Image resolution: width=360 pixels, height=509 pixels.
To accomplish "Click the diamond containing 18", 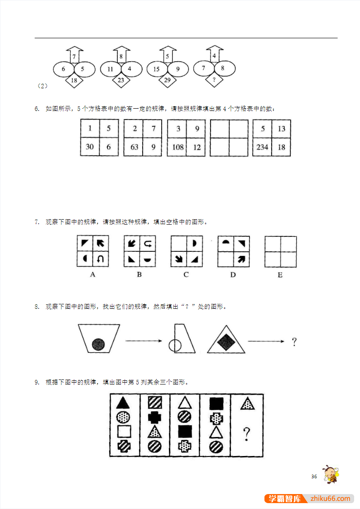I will [74, 81].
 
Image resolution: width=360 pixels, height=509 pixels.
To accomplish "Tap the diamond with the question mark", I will [214, 80].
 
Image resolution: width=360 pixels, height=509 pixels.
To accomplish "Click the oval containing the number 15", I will [157, 69].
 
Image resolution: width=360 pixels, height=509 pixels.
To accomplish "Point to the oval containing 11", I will [110, 69].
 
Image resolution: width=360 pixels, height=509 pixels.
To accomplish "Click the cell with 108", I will [177, 147].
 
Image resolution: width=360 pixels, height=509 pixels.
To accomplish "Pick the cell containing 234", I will [262, 147].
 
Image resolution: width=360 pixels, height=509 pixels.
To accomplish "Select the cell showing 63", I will [134, 147].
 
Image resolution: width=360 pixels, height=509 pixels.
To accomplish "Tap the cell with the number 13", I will [281, 129].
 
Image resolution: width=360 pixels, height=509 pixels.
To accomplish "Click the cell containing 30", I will [90, 147].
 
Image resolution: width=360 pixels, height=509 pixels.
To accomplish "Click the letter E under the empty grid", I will [280, 275].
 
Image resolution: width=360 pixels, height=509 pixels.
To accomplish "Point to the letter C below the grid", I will [186, 274].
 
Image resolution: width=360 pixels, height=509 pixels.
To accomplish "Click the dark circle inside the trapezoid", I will [99, 345].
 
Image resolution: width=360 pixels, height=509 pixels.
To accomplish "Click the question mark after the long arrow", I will [294, 341].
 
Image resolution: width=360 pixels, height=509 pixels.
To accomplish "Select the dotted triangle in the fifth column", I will [247, 403].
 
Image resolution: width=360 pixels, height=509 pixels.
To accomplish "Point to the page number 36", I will [314, 476].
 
